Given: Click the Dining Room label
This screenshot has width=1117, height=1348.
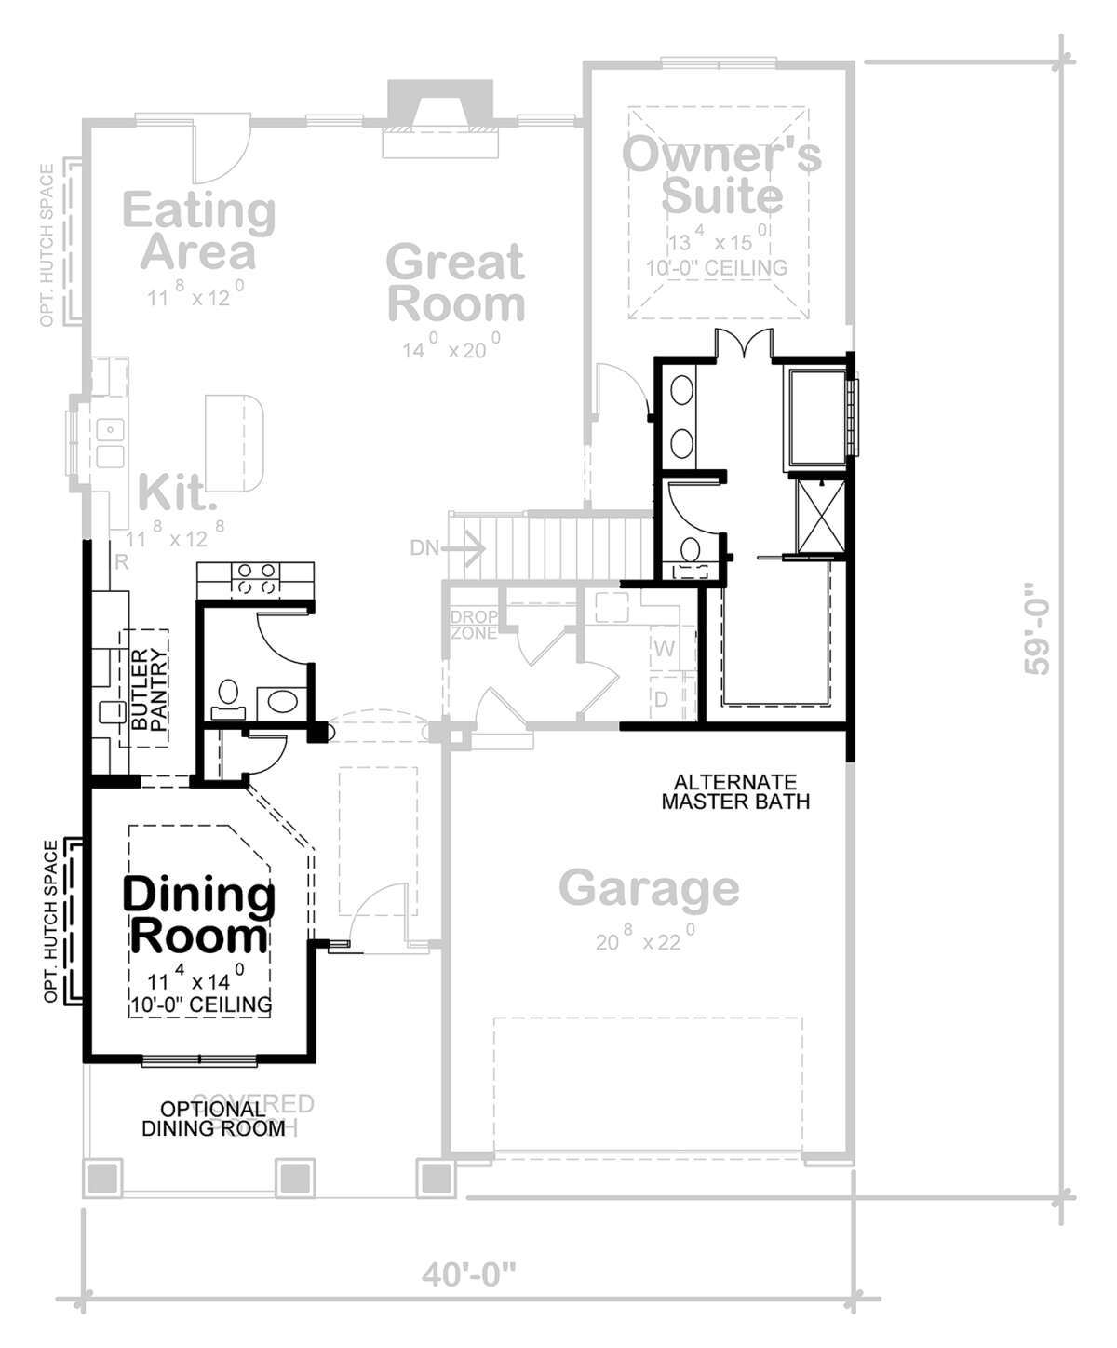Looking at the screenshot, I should pos(199,914).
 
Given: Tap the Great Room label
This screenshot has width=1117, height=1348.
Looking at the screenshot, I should pos(456,283).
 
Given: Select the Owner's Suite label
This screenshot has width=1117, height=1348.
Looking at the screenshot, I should pos(721,175).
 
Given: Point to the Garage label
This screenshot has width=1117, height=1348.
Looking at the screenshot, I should pos(649,888).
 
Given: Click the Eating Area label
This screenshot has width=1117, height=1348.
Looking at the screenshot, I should pos(198,230).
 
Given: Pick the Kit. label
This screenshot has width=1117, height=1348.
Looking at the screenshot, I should pos(177,492).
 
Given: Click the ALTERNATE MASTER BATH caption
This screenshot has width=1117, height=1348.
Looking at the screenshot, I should pos(735,791).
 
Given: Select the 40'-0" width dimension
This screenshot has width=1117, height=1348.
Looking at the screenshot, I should pos(468,1274).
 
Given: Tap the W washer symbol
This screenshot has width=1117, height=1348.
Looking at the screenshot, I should pos(665,648).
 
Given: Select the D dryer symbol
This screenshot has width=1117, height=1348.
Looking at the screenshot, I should pos(662,698).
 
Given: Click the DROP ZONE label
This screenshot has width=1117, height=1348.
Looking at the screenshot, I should pos(474,625).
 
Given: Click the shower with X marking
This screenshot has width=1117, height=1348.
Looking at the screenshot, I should pos(819,514).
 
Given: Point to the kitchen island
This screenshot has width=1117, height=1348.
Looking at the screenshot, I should pos(235,442).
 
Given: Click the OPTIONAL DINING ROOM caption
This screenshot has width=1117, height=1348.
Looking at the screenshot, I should pos(213,1118).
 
